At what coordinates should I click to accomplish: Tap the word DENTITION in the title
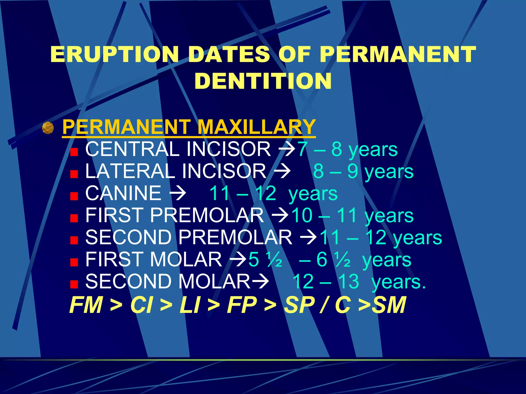coord(263,81)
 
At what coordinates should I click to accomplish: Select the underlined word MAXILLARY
coord(256,127)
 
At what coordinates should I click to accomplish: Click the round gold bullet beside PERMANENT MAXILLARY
coord(48,128)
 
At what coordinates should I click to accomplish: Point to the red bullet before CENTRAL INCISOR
coord(74,152)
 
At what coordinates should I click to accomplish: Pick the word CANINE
coord(123,193)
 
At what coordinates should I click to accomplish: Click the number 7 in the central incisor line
coord(303,149)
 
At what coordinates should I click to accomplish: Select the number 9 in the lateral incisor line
coord(353,171)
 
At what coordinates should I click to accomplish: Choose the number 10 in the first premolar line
coord(302,215)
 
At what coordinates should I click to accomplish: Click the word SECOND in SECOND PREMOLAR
coord(128,237)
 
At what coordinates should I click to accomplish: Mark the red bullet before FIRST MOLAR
coord(74,262)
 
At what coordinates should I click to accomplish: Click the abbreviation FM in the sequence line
coord(86,305)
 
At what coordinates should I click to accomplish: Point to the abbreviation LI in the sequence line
coord(190,305)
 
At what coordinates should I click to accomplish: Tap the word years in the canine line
coord(313,194)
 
